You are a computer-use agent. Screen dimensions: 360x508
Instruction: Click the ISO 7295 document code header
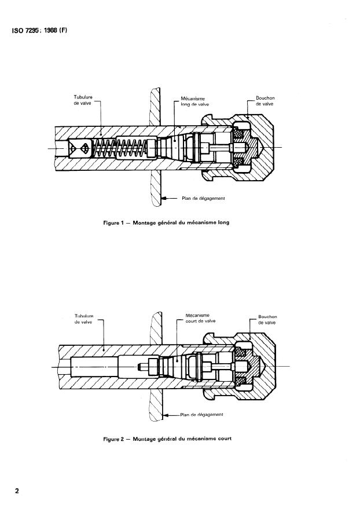pyautogui.click(x=39, y=31)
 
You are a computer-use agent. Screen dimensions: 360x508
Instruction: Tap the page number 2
pyautogui.click(x=17, y=491)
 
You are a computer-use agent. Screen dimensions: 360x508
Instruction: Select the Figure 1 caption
pyautogui.click(x=166, y=222)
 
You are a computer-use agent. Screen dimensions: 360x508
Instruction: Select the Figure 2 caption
pyautogui.click(x=167, y=439)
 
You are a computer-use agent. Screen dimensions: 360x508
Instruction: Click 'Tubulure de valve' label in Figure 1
pyautogui.click(x=83, y=100)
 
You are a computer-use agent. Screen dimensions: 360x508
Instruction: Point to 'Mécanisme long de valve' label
pyautogui.click(x=194, y=101)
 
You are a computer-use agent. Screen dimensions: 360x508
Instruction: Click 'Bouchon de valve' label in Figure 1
pyautogui.click(x=265, y=101)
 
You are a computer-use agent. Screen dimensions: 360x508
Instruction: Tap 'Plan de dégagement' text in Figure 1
pyautogui.click(x=203, y=198)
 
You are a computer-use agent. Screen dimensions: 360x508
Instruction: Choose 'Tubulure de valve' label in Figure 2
pyautogui.click(x=84, y=319)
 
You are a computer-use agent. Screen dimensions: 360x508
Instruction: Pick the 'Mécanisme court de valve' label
pyautogui.click(x=200, y=318)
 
